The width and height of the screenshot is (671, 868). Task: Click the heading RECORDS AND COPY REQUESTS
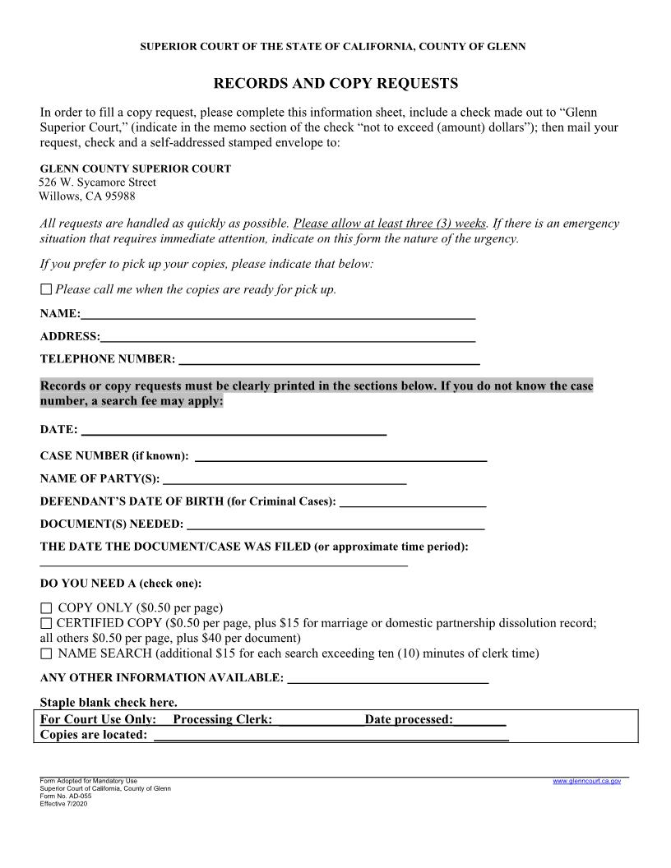pyautogui.click(x=335, y=84)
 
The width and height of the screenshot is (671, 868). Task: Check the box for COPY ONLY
pyautogui.click(x=46, y=609)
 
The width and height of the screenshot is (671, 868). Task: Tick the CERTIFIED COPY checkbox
pyautogui.click(x=46, y=624)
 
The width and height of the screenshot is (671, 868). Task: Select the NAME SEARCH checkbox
pyautogui.click(x=46, y=654)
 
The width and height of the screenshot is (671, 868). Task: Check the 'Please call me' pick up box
pyautogui.click(x=46, y=289)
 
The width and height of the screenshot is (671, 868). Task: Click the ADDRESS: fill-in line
pyautogui.click(x=288, y=337)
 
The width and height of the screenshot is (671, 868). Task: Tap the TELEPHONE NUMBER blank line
pyautogui.click(x=329, y=360)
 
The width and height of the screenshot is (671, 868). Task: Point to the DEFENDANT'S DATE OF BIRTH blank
pyautogui.click(x=413, y=502)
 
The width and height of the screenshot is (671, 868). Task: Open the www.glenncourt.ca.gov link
pyautogui.click(x=586, y=781)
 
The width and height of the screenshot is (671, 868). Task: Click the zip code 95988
pyautogui.click(x=118, y=196)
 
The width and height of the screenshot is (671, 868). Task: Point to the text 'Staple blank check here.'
pyautogui.click(x=109, y=702)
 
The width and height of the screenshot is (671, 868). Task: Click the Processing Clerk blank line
pyautogui.click(x=321, y=721)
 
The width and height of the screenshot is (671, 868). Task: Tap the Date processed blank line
pyautogui.click(x=479, y=721)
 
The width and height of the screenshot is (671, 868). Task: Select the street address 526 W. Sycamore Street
pyautogui.click(x=98, y=182)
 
